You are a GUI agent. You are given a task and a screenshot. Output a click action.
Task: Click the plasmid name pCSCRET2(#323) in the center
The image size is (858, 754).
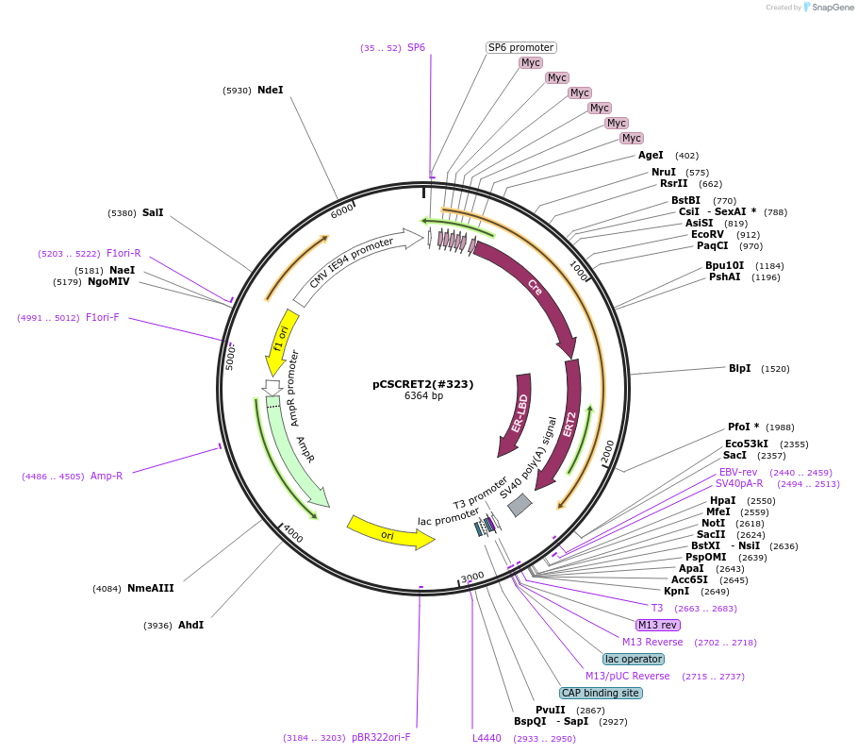pos(422,384)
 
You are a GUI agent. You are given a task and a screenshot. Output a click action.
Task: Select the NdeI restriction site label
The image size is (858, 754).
pos(270,91)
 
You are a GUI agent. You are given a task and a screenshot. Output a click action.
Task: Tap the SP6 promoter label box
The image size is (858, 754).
pos(520,47)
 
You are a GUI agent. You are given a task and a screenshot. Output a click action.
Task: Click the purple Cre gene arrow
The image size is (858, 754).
pos(532,288)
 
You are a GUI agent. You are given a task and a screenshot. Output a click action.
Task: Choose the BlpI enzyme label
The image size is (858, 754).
pos(739,368)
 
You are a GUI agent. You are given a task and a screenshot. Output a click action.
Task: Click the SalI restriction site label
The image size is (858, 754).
pos(153,212)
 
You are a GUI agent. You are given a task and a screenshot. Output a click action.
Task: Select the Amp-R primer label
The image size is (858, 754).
pos(107,476)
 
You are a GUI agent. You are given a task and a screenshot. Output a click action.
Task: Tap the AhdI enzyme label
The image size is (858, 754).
pos(190,625)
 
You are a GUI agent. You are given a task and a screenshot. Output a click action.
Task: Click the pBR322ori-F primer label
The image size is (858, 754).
pos(381,737)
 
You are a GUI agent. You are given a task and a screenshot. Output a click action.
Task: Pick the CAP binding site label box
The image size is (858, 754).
pos(601,693)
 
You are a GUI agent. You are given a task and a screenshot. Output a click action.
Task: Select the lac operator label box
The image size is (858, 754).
pos(634,659)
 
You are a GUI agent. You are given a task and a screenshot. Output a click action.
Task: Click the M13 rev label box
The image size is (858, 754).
pos(658,625)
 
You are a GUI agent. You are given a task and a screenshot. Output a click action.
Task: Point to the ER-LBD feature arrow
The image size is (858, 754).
pos(517,415)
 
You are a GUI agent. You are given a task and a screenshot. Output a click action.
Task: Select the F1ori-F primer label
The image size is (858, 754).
pos(102,317)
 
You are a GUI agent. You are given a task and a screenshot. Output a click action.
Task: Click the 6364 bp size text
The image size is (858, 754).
pos(423,396)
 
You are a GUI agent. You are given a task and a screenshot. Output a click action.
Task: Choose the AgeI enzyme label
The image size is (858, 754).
pos(651,155)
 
